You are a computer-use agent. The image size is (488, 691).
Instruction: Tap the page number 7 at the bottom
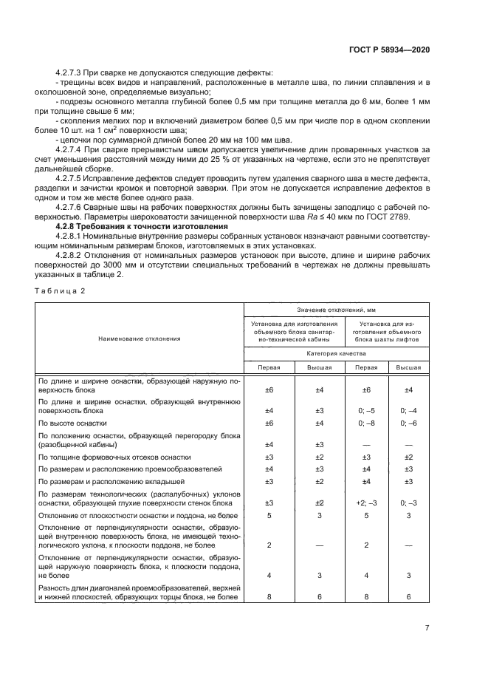(x=427, y=627)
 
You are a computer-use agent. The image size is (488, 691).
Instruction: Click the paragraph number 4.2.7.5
(x=72, y=180)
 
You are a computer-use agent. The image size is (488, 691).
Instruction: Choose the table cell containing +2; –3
(x=365, y=503)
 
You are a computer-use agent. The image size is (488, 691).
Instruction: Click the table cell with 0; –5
(x=365, y=409)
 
